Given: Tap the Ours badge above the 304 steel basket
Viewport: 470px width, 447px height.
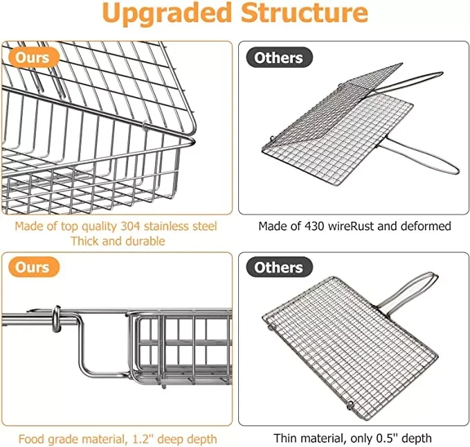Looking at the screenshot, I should pyautogui.click(x=33, y=57).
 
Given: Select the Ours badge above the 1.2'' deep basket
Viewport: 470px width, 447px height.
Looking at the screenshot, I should pyautogui.click(x=33, y=267).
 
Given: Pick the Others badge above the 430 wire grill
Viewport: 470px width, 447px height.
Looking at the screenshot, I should pyautogui.click(x=278, y=57).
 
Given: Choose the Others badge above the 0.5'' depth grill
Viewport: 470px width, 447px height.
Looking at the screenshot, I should pyautogui.click(x=278, y=267).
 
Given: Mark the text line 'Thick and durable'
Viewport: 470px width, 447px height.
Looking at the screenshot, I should pyautogui.click(x=118, y=242).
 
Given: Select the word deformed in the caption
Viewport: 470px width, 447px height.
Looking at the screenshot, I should pyautogui.click(x=428, y=226).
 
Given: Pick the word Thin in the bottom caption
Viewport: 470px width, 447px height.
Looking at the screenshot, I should pyautogui.click(x=287, y=438).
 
